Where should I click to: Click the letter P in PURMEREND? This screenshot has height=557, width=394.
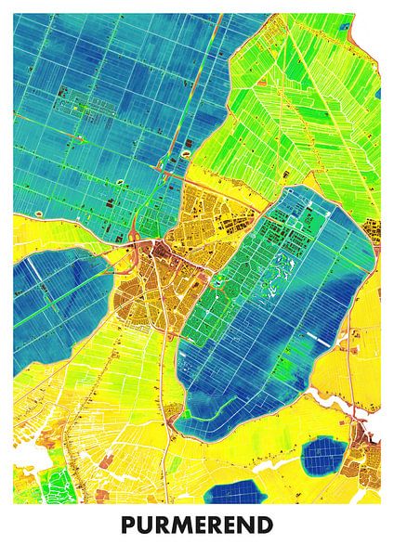click(x=127, y=526)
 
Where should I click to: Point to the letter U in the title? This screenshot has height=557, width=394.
click(x=143, y=526)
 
